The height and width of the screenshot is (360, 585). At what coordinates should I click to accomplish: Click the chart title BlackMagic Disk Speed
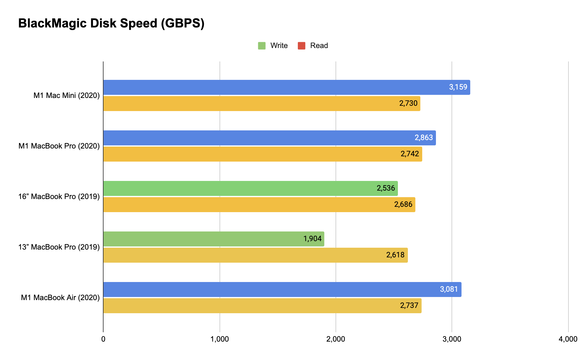click(x=111, y=23)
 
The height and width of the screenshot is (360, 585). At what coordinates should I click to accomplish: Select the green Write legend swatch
click(x=262, y=46)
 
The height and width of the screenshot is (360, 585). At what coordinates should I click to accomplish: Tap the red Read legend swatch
click(x=302, y=46)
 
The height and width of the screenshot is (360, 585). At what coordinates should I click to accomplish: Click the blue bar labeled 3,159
click(x=286, y=87)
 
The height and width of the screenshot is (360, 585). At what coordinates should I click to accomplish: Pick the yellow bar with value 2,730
click(x=261, y=104)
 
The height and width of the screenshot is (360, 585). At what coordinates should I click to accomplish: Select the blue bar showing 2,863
click(x=269, y=138)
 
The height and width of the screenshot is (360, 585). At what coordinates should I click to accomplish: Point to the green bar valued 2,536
click(x=250, y=188)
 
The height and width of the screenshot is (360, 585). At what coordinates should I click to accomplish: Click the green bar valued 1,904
click(x=213, y=239)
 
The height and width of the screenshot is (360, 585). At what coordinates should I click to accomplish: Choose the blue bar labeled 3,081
click(x=282, y=289)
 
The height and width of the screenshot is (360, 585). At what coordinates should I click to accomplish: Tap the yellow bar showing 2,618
click(x=255, y=255)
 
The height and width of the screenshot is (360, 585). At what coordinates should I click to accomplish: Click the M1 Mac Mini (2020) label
click(x=66, y=95)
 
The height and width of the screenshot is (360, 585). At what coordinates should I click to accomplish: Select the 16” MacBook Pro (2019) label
click(x=59, y=197)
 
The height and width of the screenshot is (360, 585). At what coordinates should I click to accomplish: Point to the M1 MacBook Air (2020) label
click(x=60, y=298)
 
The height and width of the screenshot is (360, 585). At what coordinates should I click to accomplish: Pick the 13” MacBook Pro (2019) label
click(x=59, y=247)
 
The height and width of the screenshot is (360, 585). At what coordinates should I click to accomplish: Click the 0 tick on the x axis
click(x=103, y=339)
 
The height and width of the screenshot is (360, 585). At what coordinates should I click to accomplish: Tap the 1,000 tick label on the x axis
click(x=220, y=339)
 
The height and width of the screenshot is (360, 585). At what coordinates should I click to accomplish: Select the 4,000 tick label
click(x=568, y=339)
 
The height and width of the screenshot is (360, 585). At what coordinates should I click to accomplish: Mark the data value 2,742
click(x=410, y=154)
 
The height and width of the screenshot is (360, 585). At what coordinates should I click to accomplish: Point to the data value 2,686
click(x=403, y=204)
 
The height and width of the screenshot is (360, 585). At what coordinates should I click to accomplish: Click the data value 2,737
click(x=409, y=305)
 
